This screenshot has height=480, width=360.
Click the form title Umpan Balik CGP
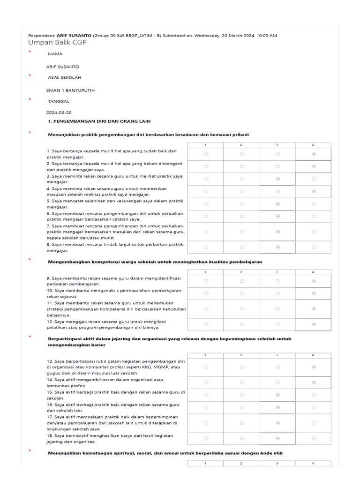coord(57,43)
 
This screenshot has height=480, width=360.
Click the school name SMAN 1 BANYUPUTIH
coord(70,90)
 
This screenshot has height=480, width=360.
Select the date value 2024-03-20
coord(59,112)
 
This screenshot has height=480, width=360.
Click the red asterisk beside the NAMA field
coord(30,52)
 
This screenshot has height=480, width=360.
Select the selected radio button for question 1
coord(314,154)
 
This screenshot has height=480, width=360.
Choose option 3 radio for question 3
coord(278,179)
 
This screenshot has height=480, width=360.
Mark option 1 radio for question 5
coord(206,204)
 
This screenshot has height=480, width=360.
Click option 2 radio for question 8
coord(242,247)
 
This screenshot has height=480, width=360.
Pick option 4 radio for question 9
coord(314,281)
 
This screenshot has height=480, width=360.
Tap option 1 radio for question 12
coord(206,324)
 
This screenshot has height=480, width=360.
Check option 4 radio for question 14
coord(314,382)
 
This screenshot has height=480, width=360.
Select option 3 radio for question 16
coord(278,407)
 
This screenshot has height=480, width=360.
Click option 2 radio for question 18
coord(242,438)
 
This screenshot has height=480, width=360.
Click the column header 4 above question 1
coord(313,145)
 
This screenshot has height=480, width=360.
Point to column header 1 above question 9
coord(206,272)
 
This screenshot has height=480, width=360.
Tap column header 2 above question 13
coord(241,355)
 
